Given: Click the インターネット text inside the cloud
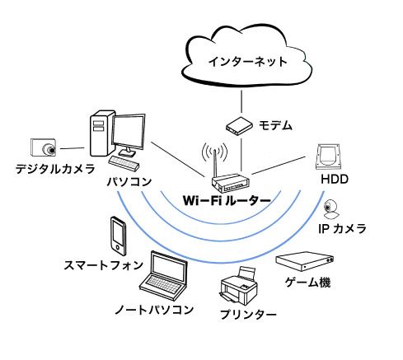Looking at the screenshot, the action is (247, 62).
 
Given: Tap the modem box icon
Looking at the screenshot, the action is (239, 126).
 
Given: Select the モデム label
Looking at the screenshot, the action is (275, 125).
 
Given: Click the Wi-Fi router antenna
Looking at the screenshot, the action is (215, 162).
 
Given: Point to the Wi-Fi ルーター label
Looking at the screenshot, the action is (227, 200).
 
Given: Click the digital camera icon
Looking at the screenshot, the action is (43, 147).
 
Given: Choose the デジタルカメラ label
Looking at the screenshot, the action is (55, 169).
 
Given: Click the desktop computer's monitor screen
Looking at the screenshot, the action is (129, 132).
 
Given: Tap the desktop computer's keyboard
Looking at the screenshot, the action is (124, 163).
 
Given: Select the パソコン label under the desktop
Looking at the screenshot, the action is (129, 182).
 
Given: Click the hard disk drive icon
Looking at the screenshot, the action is (328, 157).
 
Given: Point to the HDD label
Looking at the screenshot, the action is (335, 179).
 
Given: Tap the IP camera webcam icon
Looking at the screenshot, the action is (330, 209).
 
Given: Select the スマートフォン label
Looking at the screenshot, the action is (103, 265).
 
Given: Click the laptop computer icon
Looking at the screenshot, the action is (164, 275).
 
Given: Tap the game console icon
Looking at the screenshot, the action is (305, 261).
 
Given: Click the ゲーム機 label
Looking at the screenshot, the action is (307, 282).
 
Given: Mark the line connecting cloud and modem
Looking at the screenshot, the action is (241, 101).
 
